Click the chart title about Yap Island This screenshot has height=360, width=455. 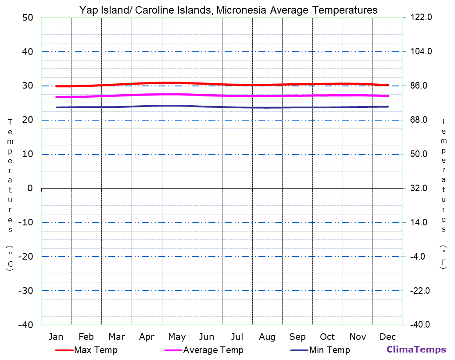click(x=228, y=10)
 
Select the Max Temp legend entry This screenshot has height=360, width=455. click(x=96, y=350)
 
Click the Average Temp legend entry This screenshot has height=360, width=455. click(x=213, y=350)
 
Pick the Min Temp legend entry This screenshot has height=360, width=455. click(x=329, y=350)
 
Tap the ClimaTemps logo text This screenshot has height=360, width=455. click(x=416, y=350)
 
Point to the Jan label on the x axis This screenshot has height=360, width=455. click(x=56, y=337)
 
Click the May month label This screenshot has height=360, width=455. click(x=177, y=337)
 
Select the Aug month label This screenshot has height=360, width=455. click(x=267, y=337)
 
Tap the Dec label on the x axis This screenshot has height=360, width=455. click(x=388, y=337)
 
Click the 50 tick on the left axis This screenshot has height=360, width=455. click(x=28, y=18)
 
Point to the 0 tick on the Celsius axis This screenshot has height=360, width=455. click(x=30, y=188)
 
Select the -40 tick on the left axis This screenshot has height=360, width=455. click(x=25, y=324)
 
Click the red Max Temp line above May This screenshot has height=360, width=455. click(x=177, y=83)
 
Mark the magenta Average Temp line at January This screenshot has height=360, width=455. click(x=57, y=97)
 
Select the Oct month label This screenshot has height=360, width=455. click(x=327, y=337)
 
